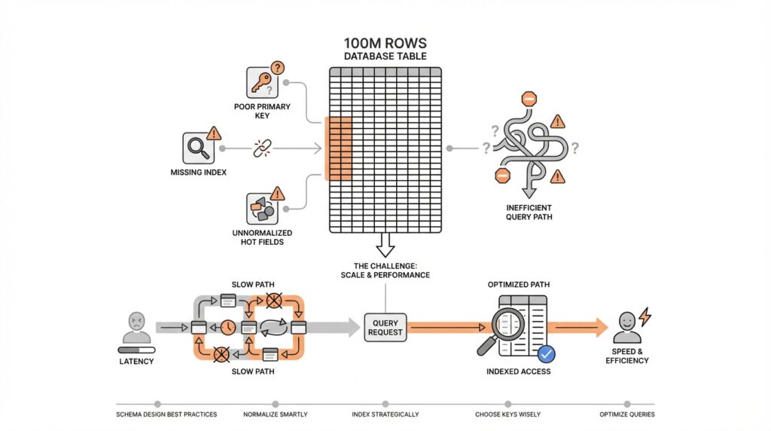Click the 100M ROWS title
click(x=385, y=42)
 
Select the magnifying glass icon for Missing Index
click(x=197, y=148)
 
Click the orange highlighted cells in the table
click(x=338, y=148)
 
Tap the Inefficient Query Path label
click(x=529, y=212)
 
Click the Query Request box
click(x=385, y=327)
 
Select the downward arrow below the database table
click(x=385, y=244)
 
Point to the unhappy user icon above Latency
click(x=136, y=326)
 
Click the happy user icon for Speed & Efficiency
click(x=627, y=327)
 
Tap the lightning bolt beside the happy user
click(x=645, y=316)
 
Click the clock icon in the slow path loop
click(x=227, y=327)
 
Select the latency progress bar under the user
click(x=136, y=350)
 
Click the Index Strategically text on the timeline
click(x=385, y=414)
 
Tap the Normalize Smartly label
click(x=274, y=414)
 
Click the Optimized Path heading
click(x=518, y=285)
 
